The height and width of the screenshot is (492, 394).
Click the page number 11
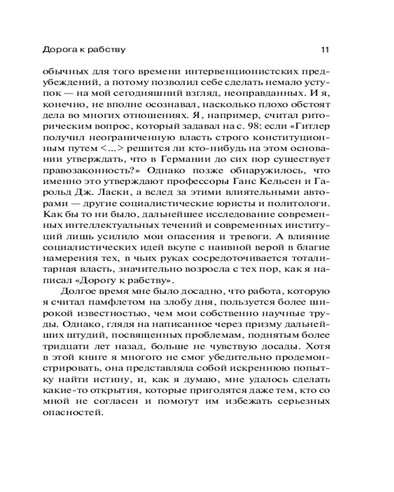click(x=325, y=50)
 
